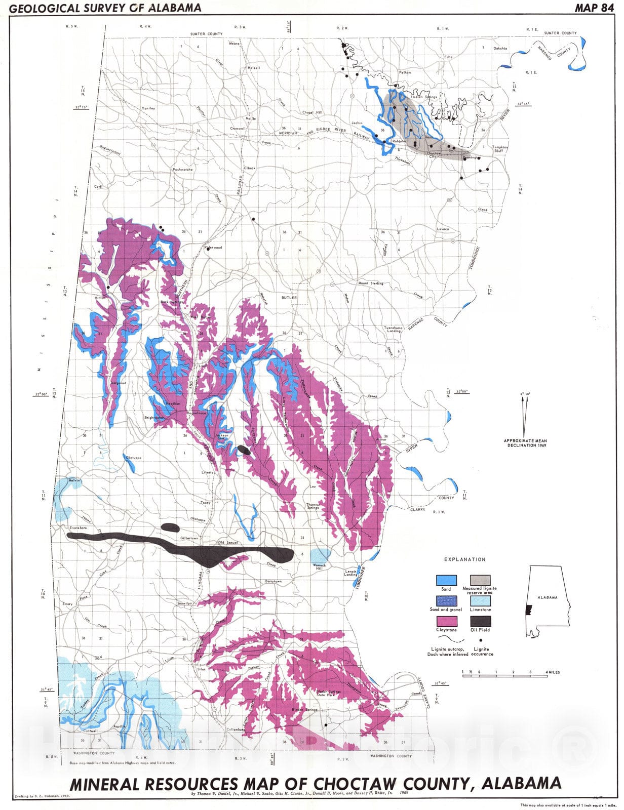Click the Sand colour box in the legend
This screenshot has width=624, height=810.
[446, 580]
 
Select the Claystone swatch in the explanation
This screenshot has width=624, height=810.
[446, 621]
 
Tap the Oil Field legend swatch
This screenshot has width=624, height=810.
[480, 621]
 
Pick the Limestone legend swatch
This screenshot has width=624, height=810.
[480, 601]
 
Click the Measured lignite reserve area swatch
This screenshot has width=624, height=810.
[480, 580]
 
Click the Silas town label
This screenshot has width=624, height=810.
[201, 668]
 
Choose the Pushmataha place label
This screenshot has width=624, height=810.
[183, 169]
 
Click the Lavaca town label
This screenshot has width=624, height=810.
[443, 229]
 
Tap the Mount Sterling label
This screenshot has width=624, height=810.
[371, 283]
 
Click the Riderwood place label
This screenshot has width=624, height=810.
[213, 248]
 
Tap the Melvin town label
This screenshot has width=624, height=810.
[74, 480]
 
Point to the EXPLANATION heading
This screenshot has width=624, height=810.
[464, 559]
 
